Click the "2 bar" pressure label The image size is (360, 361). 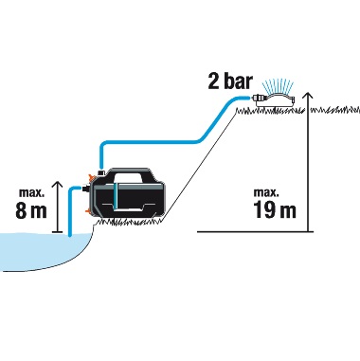230,81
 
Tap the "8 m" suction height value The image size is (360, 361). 31,210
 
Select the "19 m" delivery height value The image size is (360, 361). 275,210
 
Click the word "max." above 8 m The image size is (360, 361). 31,192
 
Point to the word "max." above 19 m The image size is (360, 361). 266,192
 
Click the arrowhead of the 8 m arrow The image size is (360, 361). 57,185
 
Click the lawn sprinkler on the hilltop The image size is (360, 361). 275,101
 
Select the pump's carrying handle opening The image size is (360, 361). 128,177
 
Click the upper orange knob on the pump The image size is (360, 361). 91,175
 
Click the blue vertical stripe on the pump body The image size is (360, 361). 117,195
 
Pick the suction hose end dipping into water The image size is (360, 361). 70,233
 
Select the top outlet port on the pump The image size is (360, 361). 101,171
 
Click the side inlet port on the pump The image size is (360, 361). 85,189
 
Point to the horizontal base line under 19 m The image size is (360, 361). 256,231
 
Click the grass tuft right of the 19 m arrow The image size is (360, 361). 335,110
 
